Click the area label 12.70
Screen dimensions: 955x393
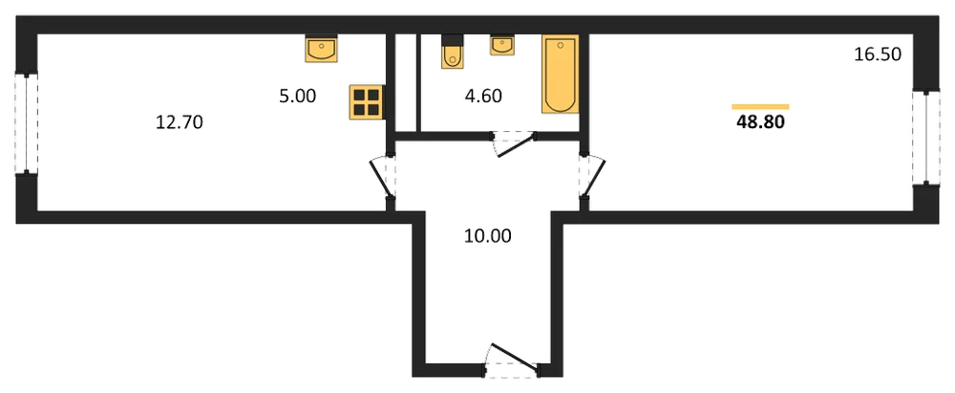click(180, 123)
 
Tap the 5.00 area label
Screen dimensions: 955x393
click(298, 97)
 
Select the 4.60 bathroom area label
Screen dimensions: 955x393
click(483, 97)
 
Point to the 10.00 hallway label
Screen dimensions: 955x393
click(487, 235)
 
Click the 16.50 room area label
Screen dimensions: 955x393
click(877, 55)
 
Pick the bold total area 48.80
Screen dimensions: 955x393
click(760, 122)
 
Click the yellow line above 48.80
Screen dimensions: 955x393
click(760, 107)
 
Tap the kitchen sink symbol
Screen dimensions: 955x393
click(322, 48)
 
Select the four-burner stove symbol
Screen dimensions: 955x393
click(366, 102)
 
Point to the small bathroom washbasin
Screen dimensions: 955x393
click(501, 45)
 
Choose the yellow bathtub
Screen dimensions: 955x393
click(560, 74)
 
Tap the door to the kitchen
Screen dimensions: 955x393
click(383, 178)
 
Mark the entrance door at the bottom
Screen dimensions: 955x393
click(513, 357)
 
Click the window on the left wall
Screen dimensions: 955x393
click(27, 124)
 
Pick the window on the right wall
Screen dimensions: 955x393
click(925, 137)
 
